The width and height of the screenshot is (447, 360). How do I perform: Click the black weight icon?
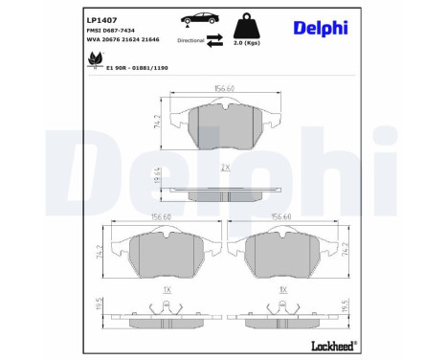pyautogui.click(x=252, y=26)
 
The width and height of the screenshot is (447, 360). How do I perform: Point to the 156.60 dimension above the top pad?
pyautogui.click(x=224, y=89)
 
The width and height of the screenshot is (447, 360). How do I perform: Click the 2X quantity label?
pyautogui.click(x=223, y=168)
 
